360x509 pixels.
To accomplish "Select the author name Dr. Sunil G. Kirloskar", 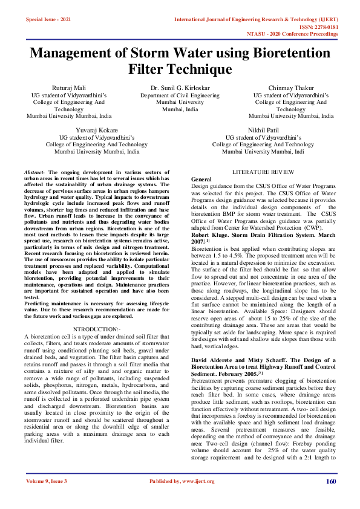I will pos(180,88).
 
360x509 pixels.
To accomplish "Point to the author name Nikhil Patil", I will pos(262,130).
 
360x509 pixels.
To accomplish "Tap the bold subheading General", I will pos(201,180).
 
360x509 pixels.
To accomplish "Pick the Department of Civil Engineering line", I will pos(180,96).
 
